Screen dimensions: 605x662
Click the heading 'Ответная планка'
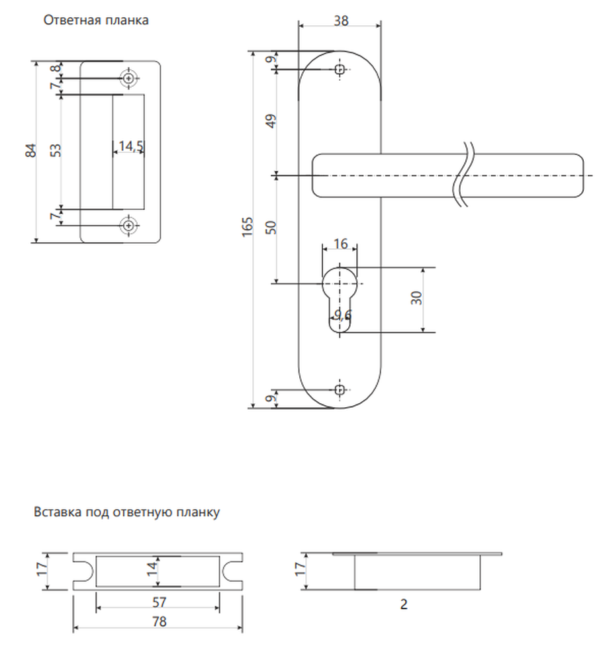(96, 21)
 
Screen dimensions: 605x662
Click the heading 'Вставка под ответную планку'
(126, 512)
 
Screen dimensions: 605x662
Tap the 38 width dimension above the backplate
(341, 21)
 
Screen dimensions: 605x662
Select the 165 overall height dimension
(248, 226)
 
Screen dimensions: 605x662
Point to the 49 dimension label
(271, 121)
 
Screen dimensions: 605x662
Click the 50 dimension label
(271, 228)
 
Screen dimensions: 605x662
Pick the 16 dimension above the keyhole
(340, 244)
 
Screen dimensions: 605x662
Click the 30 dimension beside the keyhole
(416, 298)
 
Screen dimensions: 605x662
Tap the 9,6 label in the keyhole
(342, 314)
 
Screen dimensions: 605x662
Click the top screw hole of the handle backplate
(340, 70)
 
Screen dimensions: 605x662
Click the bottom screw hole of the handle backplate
(340, 390)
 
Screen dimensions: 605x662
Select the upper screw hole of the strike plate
(130, 79)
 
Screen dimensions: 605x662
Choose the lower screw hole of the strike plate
(130, 226)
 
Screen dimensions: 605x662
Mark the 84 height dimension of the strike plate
(31, 151)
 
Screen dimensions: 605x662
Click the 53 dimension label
(56, 151)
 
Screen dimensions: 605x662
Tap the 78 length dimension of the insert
(159, 622)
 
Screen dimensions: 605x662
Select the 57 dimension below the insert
(159, 602)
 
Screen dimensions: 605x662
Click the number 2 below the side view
(404, 604)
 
